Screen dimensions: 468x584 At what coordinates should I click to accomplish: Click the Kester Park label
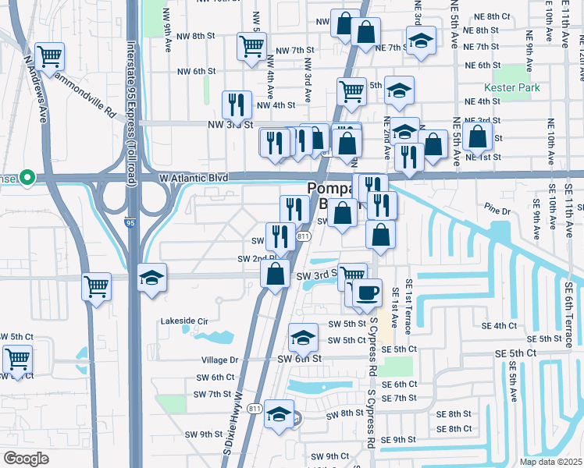[x=511, y=87]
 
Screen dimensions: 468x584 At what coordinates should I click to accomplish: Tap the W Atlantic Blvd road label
[x=194, y=178]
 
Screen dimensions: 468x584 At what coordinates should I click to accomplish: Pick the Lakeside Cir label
[x=184, y=321]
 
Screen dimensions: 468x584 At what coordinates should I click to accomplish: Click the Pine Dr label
[x=496, y=211]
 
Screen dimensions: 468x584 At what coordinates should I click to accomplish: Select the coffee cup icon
[x=366, y=293]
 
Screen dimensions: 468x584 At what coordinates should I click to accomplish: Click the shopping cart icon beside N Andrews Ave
[x=49, y=56]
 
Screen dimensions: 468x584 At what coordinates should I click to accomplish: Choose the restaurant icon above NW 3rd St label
[x=236, y=105]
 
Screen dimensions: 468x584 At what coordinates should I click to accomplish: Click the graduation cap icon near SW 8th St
[x=279, y=414]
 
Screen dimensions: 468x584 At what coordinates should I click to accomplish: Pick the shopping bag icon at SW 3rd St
[x=275, y=275]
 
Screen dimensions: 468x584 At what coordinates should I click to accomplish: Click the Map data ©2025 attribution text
[x=551, y=462]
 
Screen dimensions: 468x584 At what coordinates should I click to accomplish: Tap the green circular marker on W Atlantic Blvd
[x=27, y=178]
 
